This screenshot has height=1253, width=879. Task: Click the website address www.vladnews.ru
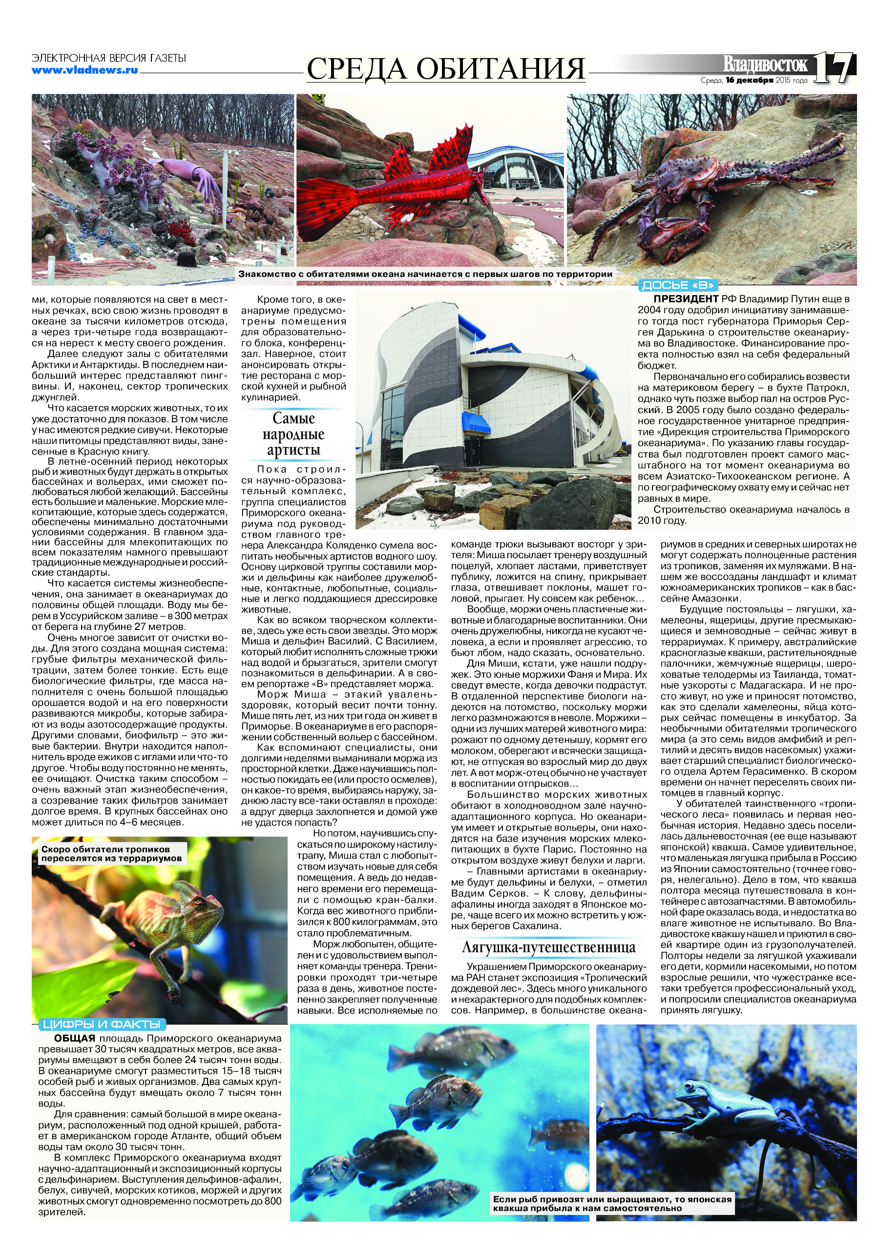(x=84, y=70)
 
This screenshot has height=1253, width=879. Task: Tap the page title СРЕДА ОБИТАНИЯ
(x=445, y=69)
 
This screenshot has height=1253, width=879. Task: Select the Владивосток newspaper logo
(x=765, y=64)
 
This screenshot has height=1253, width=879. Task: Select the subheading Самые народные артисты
(x=293, y=434)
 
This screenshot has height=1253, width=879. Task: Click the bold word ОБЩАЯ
(x=74, y=1039)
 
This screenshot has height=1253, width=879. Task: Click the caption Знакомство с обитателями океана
(x=424, y=274)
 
